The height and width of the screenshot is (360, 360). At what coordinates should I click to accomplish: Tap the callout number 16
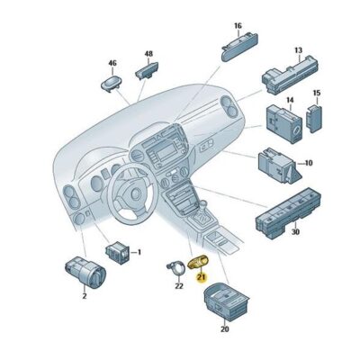tap(238, 26)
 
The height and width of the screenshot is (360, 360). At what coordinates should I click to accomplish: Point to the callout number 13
tap(297, 52)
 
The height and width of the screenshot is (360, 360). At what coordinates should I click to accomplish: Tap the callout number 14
tap(290, 101)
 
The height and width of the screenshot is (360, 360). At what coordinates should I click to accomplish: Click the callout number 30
tap(295, 233)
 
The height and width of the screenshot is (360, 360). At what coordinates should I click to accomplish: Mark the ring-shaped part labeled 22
tap(174, 268)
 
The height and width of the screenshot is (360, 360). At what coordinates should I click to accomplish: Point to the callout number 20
tap(224, 329)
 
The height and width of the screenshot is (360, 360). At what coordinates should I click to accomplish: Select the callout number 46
tap(112, 64)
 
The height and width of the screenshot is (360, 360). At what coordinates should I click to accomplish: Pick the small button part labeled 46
tap(112, 84)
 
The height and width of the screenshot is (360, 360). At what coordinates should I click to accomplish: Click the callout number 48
tap(148, 54)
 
